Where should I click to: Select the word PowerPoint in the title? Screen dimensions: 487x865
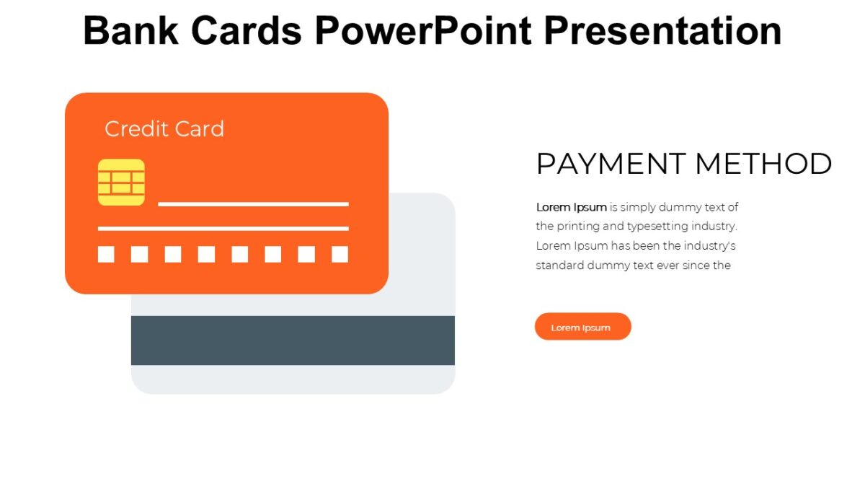(423, 31)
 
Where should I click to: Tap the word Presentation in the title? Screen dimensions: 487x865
(662, 31)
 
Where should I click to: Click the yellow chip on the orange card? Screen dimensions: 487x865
(121, 182)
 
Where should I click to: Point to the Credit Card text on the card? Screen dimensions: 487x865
(164, 129)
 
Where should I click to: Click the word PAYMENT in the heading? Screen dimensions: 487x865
(608, 164)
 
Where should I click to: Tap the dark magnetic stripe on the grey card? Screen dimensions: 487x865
(293, 340)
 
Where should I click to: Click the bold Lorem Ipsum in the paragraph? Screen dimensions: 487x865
(571, 207)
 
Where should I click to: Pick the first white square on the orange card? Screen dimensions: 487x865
(106, 254)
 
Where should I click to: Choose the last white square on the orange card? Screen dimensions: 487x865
(340, 254)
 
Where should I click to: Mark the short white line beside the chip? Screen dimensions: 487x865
(253, 204)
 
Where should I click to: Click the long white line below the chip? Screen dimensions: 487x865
(223, 229)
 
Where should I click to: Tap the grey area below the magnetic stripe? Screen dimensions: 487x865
(293, 379)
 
